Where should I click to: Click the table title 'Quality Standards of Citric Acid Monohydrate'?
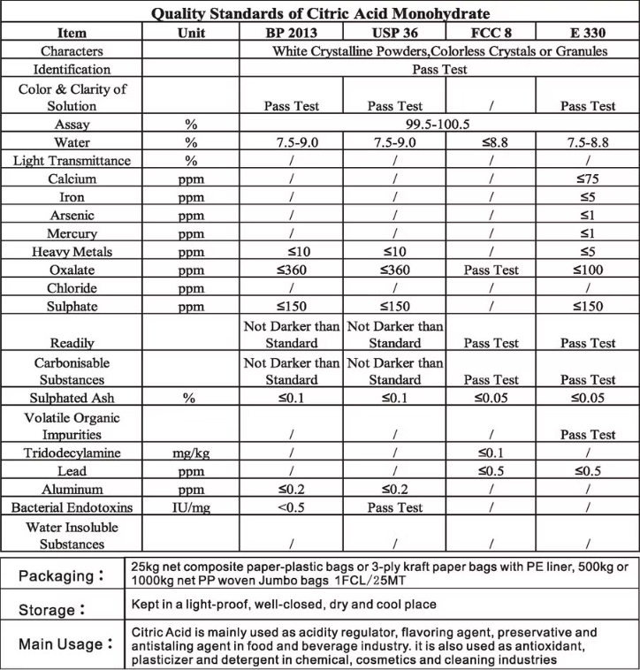tap(320, 14)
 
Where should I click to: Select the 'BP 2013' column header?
tap(292, 33)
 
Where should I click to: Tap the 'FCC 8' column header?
tap(489, 33)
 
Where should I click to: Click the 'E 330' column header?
tap(588, 33)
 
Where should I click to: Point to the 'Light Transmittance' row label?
tap(72, 161)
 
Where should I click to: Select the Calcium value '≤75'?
tap(588, 179)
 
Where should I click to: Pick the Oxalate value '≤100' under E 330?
tap(588, 270)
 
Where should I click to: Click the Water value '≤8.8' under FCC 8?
tap(489, 142)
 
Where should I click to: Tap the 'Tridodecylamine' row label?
tap(72, 453)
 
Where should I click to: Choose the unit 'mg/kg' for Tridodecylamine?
tap(190, 453)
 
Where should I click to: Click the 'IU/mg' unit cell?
tap(190, 507)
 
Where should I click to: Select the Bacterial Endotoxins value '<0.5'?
tap(292, 507)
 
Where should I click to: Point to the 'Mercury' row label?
tap(72, 233)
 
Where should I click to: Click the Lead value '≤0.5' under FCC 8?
tap(489, 471)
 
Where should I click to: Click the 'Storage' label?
tap(52, 610)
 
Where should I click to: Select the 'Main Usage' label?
tap(61, 644)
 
